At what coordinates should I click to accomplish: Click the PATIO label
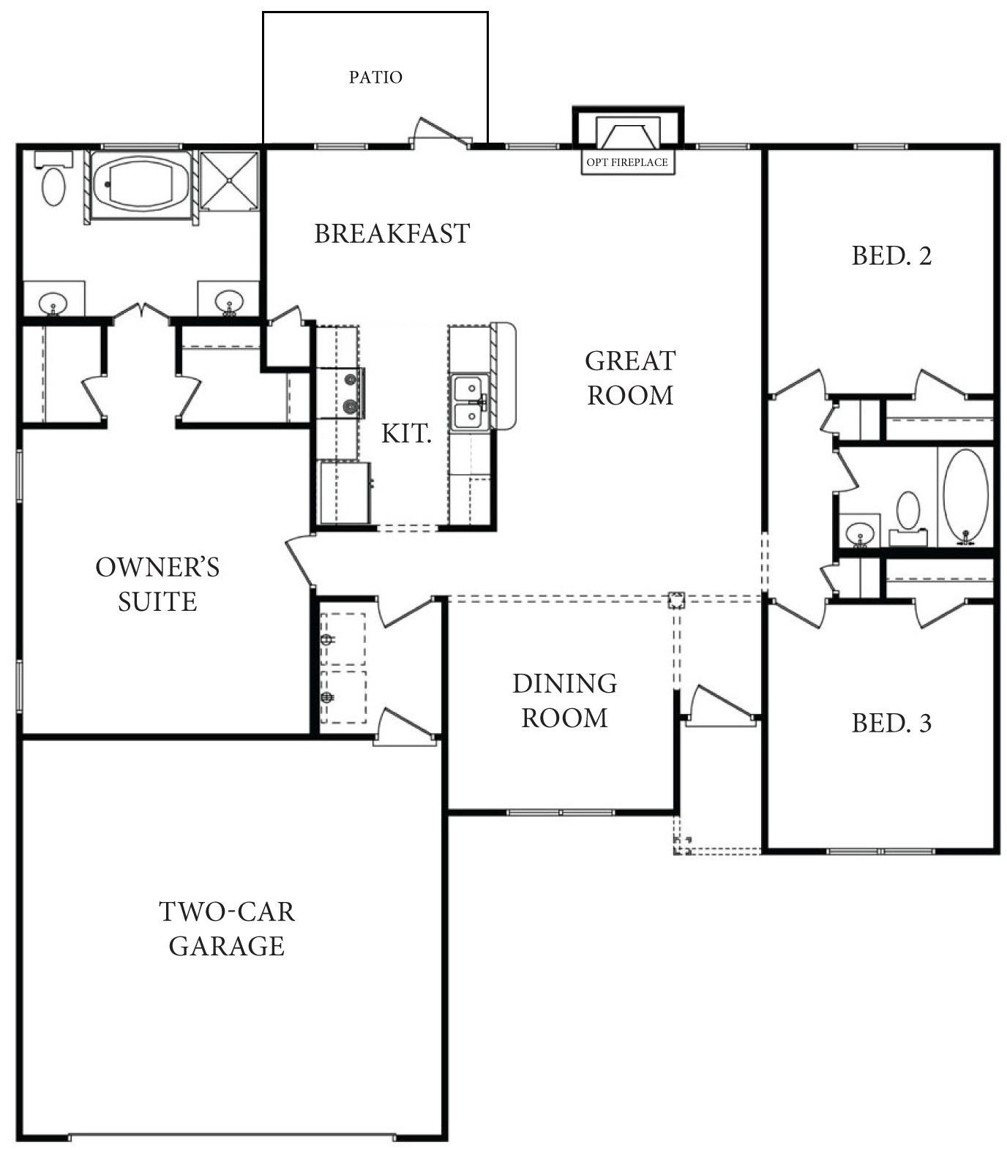point(375,77)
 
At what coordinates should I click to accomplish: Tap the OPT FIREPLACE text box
point(627,162)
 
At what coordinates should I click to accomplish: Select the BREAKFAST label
point(392,233)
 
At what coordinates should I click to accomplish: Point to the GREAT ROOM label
point(630,377)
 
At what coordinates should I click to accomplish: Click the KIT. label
point(406,433)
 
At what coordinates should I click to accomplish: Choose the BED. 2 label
point(891,255)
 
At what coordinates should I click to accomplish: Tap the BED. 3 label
point(891,723)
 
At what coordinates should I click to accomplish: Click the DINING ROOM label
point(564,700)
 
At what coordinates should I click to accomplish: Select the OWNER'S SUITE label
point(157,584)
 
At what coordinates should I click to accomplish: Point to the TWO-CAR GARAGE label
point(227,928)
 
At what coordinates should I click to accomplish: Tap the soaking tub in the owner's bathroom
point(142,185)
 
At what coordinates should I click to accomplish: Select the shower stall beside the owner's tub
point(229,181)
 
